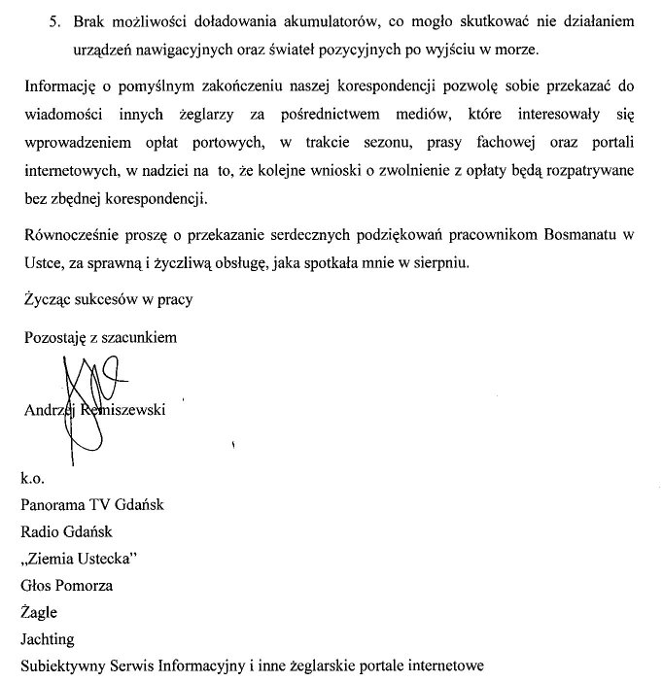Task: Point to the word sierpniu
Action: coord(439,261)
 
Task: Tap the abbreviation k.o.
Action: coord(33,479)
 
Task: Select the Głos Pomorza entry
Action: coord(66,586)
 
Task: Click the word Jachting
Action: coord(47,639)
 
